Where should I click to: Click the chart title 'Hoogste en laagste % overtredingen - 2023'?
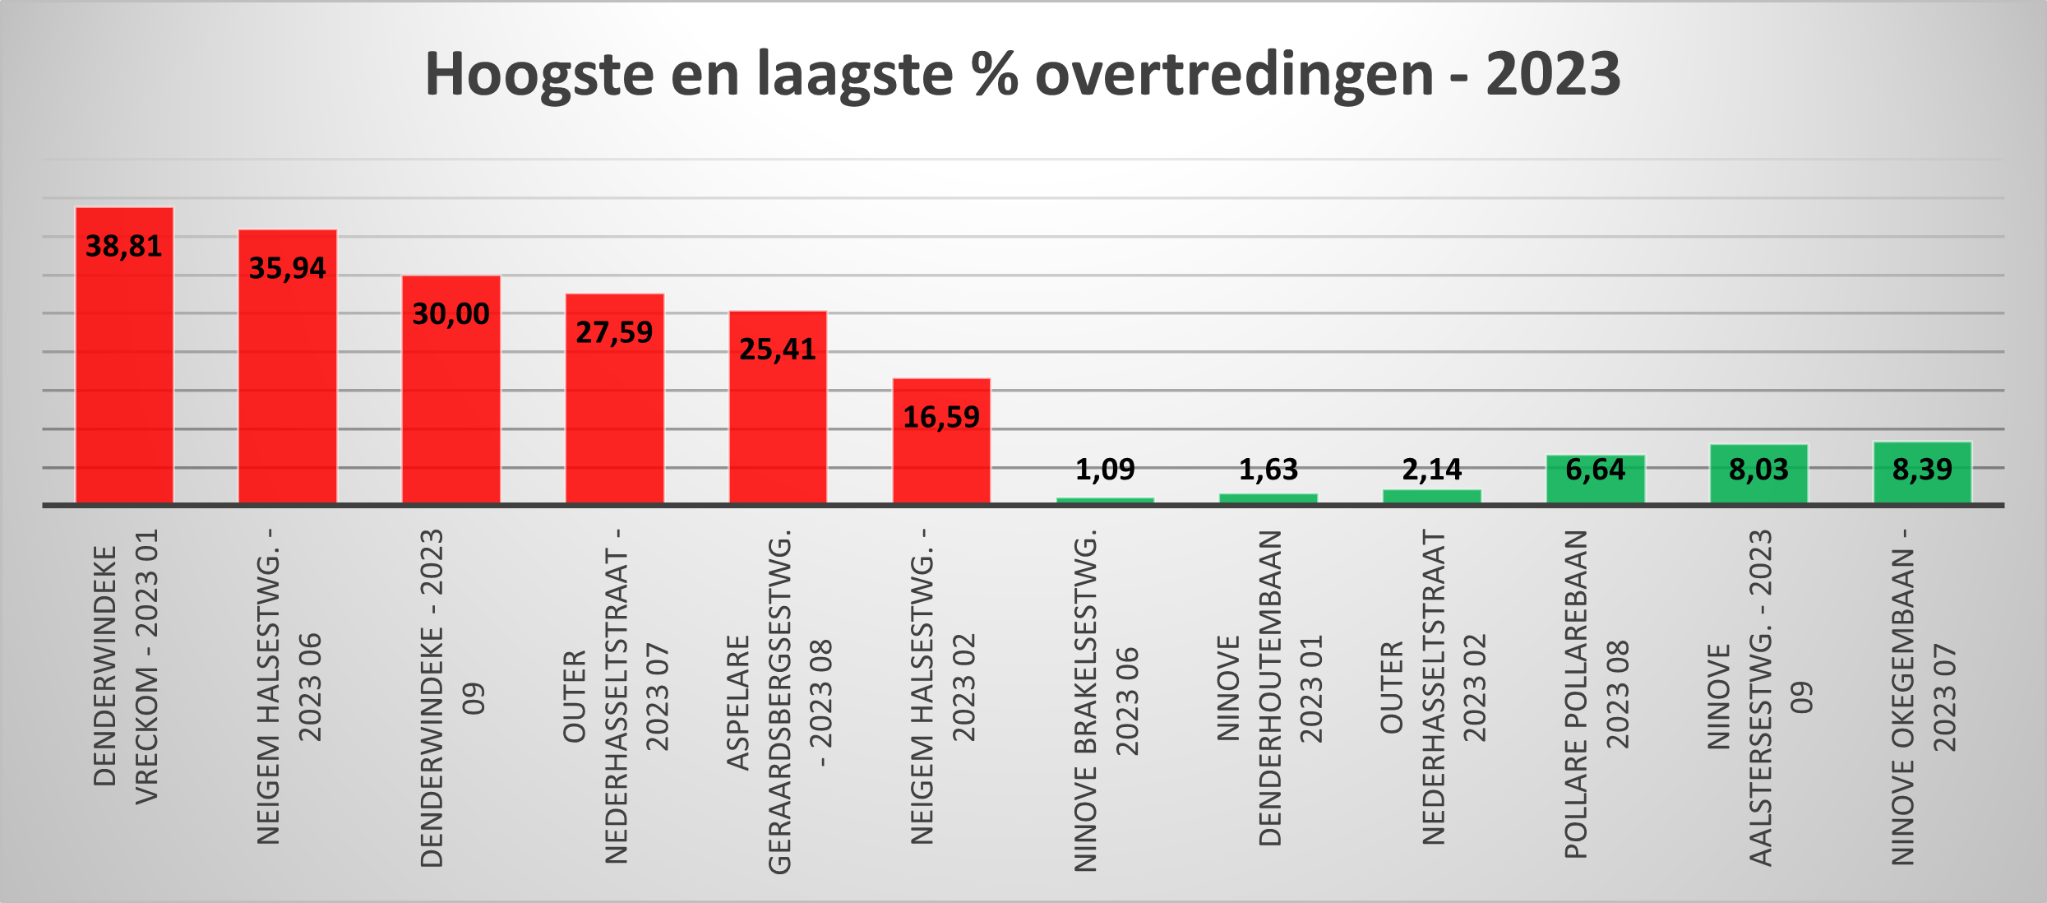pyautogui.click(x=1022, y=74)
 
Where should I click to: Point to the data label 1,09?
pyautogui.click(x=1105, y=470)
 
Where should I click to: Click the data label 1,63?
pyautogui.click(x=1268, y=470)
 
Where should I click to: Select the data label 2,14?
pyautogui.click(x=1432, y=470)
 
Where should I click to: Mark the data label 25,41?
pyautogui.click(x=778, y=350)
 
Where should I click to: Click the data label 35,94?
pyautogui.click(x=287, y=268)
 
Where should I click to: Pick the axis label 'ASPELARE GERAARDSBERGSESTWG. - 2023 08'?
pyautogui.click(x=779, y=699)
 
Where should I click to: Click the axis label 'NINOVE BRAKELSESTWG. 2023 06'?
pyautogui.click(x=1106, y=699)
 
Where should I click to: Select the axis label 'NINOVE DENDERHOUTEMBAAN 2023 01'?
pyautogui.click(x=1269, y=687)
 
